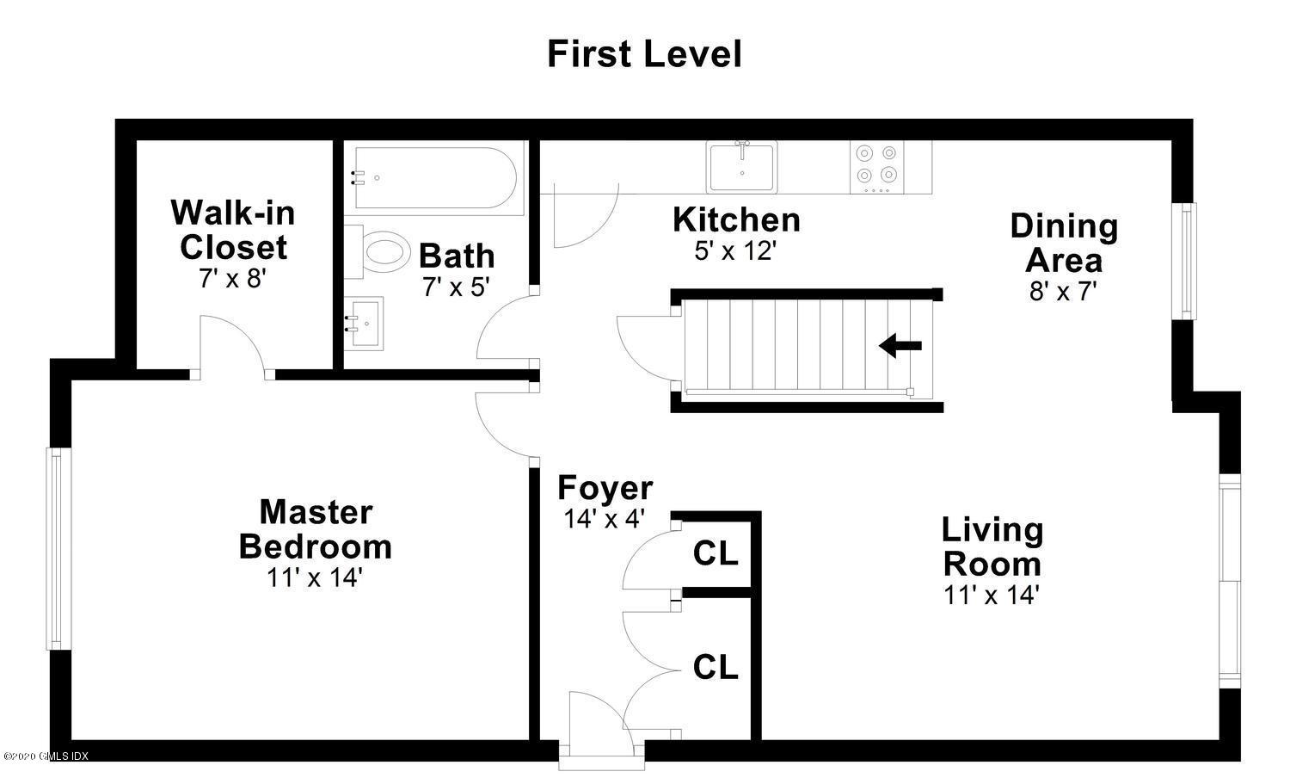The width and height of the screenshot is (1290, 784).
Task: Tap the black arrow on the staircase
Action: (900, 345)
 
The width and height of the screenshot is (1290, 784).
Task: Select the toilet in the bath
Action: (378, 252)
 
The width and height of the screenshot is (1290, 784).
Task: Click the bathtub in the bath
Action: (435, 178)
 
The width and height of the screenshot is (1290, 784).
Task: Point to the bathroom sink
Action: (364, 324)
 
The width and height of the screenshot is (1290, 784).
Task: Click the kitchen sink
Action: (741, 167)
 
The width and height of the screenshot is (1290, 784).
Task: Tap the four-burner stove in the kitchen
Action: (877, 167)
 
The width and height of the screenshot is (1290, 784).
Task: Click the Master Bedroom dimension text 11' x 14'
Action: (314, 577)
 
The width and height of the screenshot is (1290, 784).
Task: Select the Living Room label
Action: (992, 546)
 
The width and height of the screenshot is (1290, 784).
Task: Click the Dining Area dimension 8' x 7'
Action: (1063, 291)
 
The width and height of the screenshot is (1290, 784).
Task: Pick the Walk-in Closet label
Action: (233, 230)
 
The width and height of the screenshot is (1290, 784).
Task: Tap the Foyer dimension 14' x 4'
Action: (604, 519)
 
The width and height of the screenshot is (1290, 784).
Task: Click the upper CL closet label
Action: (716, 553)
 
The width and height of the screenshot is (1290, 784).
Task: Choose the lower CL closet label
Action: (716, 667)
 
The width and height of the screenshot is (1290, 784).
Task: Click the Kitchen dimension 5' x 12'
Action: (735, 250)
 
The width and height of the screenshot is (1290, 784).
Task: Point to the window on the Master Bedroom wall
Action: (58, 549)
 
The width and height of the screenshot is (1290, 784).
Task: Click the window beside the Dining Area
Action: (1186, 261)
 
